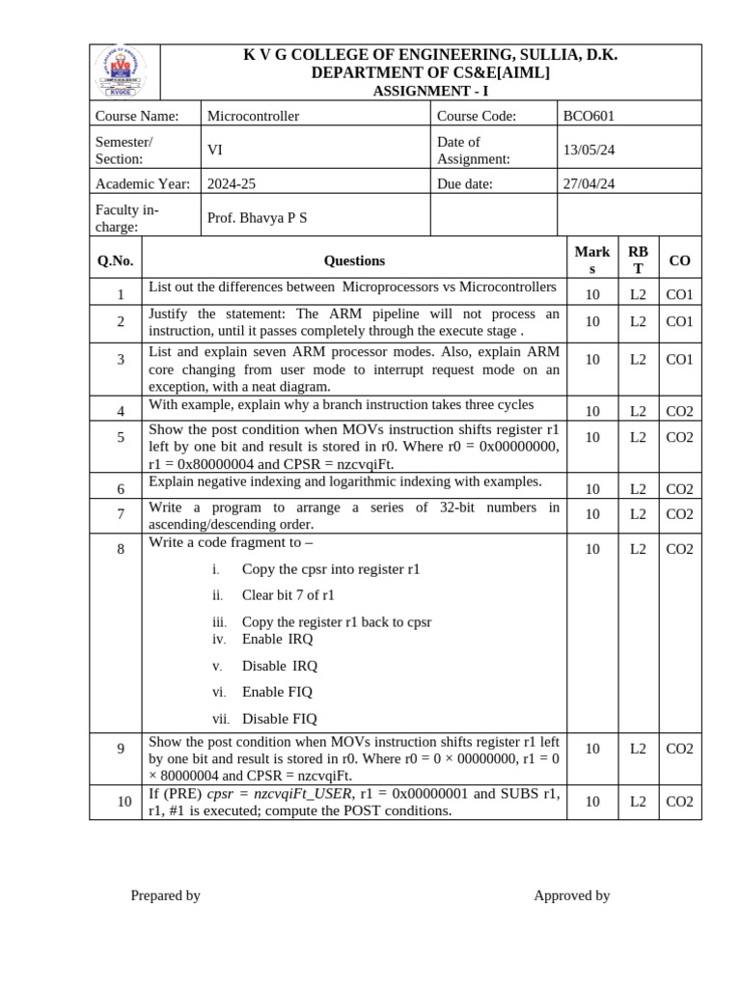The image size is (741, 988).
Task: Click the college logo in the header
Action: tap(124, 72)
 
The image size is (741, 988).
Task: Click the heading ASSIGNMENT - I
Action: tap(430, 91)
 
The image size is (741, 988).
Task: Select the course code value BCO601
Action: tap(588, 116)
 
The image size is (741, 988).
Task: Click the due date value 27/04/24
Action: tap(589, 183)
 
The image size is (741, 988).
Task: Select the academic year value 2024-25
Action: tap(232, 183)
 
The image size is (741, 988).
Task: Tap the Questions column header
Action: tap(354, 261)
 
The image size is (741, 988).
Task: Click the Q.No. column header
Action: tap(115, 261)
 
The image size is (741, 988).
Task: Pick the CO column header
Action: tap(679, 261)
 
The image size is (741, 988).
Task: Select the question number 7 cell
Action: tap(121, 514)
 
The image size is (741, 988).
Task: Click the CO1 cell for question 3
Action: tap(679, 359)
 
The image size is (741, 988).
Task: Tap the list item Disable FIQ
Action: tap(279, 719)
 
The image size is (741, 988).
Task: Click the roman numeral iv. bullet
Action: tap(219, 639)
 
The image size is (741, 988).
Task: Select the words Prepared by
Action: tap(165, 895)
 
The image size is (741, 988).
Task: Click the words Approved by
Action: tap(571, 895)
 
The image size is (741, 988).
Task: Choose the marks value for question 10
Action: tap(592, 801)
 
